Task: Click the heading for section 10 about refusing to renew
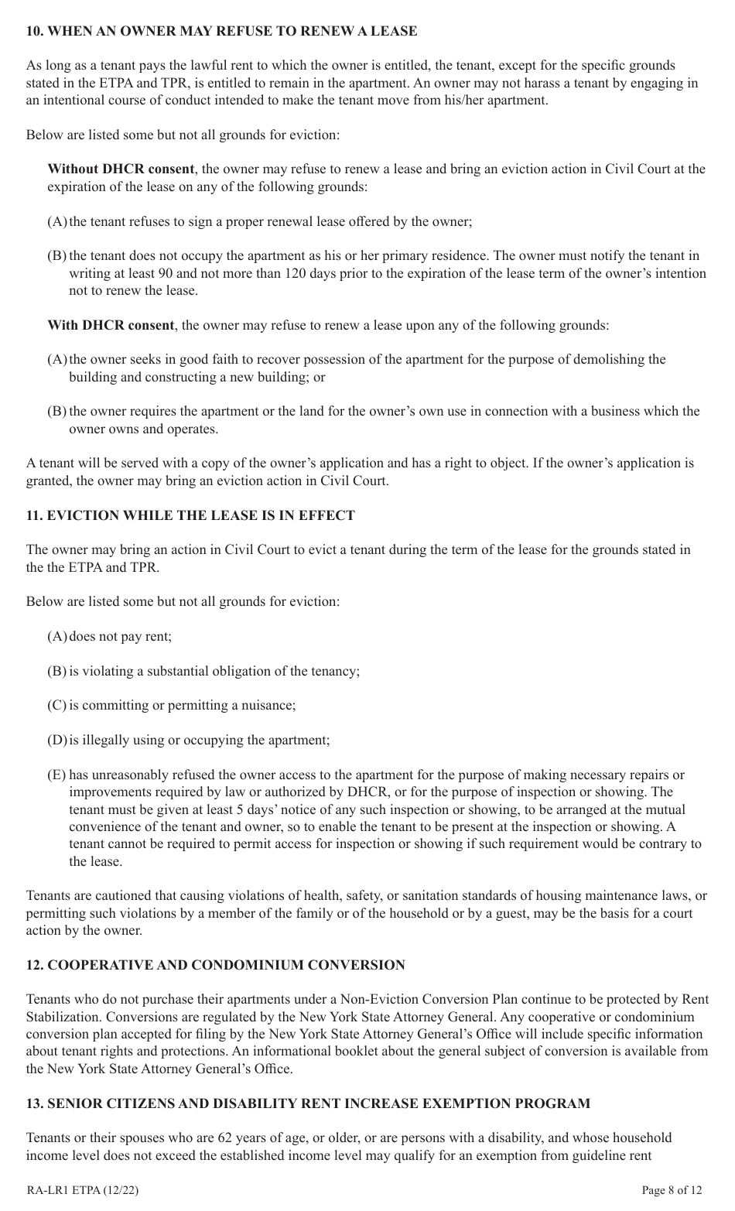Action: point(221,31)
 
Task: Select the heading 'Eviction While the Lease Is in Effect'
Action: point(190,515)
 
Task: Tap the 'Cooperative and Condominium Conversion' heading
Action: point(215,965)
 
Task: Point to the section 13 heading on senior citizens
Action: point(308,1103)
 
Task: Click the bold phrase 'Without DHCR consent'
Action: point(121,169)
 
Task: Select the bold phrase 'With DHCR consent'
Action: point(111,325)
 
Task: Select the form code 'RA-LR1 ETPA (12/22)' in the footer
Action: point(83,1190)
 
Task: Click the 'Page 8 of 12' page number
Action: point(672,1190)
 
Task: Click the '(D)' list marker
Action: point(57,741)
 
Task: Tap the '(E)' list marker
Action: point(56,775)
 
